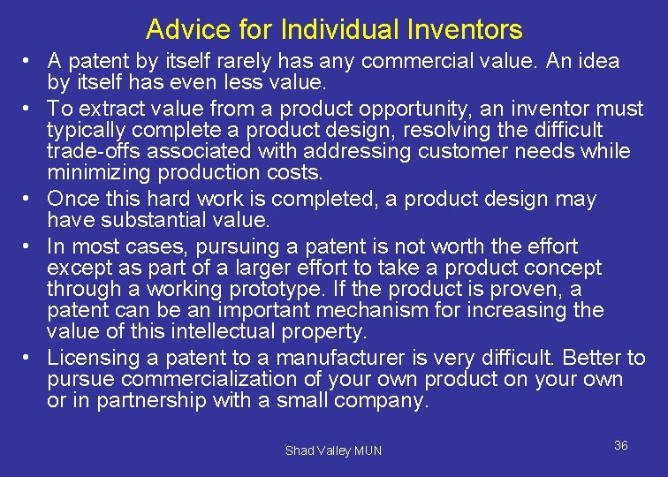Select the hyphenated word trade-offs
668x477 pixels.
94,152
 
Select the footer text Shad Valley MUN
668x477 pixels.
333,450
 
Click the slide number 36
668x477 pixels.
620,445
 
